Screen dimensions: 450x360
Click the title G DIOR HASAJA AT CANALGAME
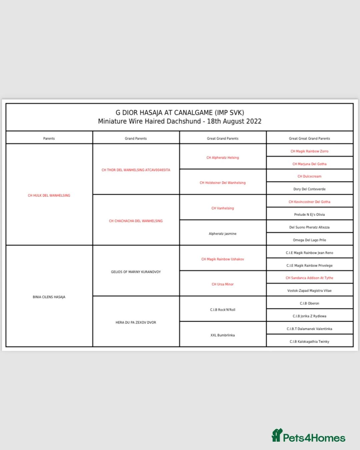click(x=180, y=113)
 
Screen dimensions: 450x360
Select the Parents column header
click(x=49, y=139)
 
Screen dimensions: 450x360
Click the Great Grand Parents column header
click(x=223, y=139)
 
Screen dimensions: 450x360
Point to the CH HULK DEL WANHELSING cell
click(x=49, y=196)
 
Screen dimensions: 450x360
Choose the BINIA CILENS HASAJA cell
click(x=49, y=297)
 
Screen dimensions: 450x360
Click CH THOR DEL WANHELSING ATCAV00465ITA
click(x=136, y=170)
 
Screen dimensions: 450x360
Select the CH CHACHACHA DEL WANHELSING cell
click(x=136, y=221)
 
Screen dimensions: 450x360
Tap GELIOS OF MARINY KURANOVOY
click(x=136, y=272)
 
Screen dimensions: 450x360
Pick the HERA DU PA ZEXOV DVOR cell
click(x=136, y=322)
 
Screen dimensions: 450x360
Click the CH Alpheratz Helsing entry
click(x=223, y=158)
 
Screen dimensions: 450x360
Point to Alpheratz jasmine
click(x=223, y=234)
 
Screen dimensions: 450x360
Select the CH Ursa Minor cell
click(x=223, y=284)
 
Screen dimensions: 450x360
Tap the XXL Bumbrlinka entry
click(x=223, y=335)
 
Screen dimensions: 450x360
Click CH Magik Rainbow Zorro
click(x=309, y=151)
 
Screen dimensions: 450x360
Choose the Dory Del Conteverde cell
click(x=309, y=189)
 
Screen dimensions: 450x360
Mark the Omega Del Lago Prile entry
click(x=309, y=240)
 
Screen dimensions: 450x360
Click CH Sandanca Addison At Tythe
click(x=309, y=278)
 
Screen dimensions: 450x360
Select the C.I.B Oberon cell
click(x=309, y=303)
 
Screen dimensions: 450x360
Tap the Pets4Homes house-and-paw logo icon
click(x=277, y=435)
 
